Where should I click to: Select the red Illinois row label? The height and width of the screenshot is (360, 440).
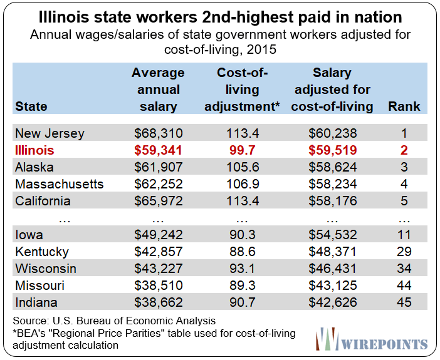coord(34,150)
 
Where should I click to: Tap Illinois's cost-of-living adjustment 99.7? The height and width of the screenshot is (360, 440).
coord(242,150)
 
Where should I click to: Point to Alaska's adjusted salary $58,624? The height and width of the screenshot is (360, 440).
coord(333,167)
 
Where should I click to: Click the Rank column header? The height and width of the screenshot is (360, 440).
coord(404,106)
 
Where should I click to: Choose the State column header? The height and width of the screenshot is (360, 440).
coord(31,106)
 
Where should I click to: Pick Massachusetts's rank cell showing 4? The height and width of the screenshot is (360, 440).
coord(404,184)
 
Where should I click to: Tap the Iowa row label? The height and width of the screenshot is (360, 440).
coord(29,235)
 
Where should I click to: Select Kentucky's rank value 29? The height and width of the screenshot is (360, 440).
coord(404,252)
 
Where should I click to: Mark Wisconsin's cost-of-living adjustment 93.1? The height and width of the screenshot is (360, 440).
coord(242,269)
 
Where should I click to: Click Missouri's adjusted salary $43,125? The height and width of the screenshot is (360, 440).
coord(333,285)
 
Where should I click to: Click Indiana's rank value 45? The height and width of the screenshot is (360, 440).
coord(404,302)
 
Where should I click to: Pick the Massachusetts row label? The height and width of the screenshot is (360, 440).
coord(59,184)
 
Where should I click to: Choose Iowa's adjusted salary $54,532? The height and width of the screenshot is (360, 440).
coord(333,235)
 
